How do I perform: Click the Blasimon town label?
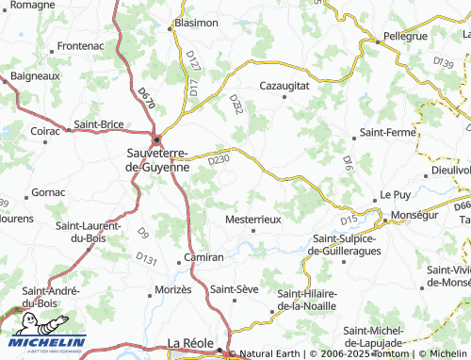(x=196, y=22)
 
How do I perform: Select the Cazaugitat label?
(x=284, y=85)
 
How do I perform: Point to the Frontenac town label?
(x=80, y=45)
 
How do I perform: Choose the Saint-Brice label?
(x=99, y=123)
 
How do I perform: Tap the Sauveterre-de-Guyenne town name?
(x=157, y=158)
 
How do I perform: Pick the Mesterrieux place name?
(x=254, y=219)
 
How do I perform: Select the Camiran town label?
(x=203, y=256)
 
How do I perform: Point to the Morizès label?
(x=172, y=288)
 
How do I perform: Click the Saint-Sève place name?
(x=235, y=288)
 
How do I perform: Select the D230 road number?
(x=218, y=159)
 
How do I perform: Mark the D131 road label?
(x=146, y=257)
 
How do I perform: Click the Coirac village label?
(x=45, y=131)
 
